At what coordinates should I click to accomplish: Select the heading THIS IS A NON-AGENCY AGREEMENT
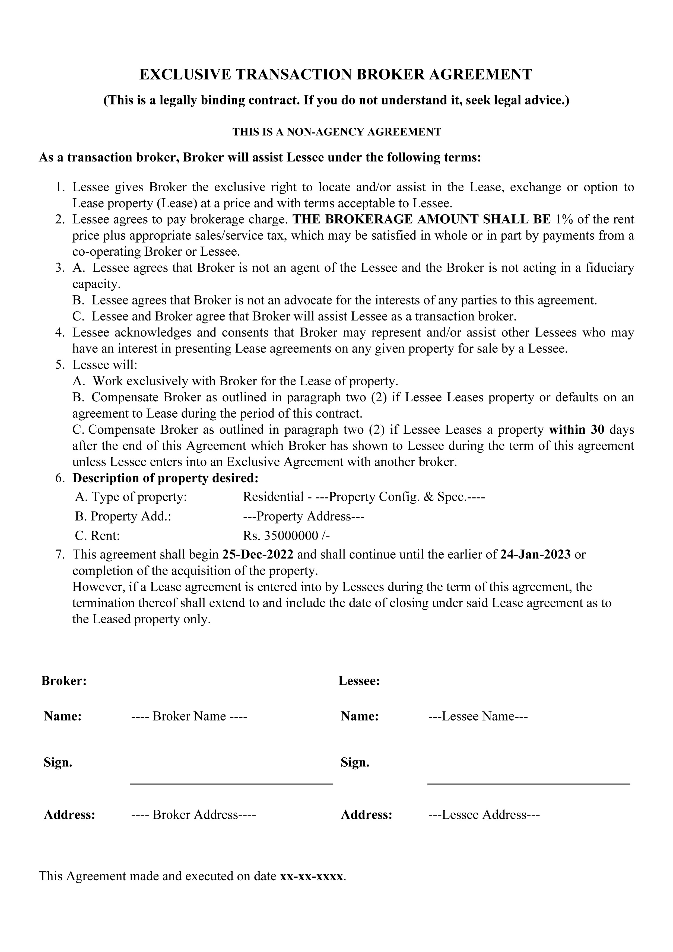(336, 132)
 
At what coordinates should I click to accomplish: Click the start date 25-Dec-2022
(258, 554)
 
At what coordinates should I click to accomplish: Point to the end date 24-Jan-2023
(535, 554)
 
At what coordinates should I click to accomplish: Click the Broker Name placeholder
(189, 716)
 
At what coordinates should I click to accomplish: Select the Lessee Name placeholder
(478, 716)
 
